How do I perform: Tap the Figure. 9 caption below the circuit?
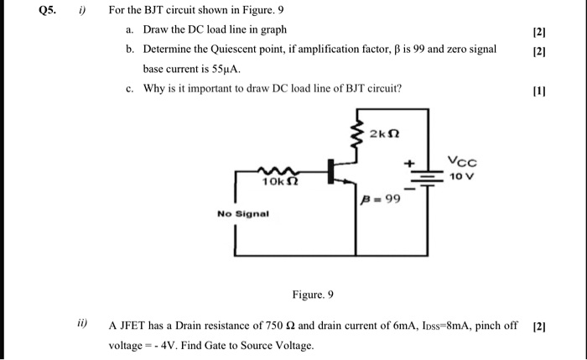click(313, 295)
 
